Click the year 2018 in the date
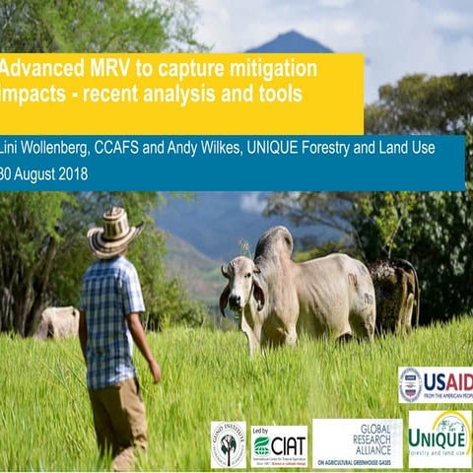(72, 173)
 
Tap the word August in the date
(35, 173)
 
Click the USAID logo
(435, 384)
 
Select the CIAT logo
(279, 444)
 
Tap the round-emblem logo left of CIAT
(229, 443)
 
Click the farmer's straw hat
(113, 234)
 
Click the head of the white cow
(239, 282)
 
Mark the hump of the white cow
(275, 241)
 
